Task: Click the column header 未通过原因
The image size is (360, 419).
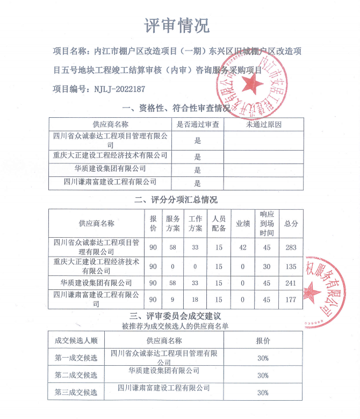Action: click(x=264, y=124)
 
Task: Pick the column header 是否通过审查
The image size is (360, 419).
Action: click(x=197, y=124)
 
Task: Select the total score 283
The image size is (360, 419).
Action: click(x=291, y=247)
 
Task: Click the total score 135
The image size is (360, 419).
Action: click(x=291, y=267)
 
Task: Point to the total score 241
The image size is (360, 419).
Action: click(x=291, y=283)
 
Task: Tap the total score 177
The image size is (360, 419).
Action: click(x=291, y=300)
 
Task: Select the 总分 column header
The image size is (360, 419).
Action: click(x=291, y=223)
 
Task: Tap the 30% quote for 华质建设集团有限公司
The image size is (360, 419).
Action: click(x=263, y=375)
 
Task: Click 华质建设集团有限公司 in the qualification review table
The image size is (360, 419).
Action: click(x=110, y=169)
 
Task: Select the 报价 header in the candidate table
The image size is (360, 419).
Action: click(x=263, y=340)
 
